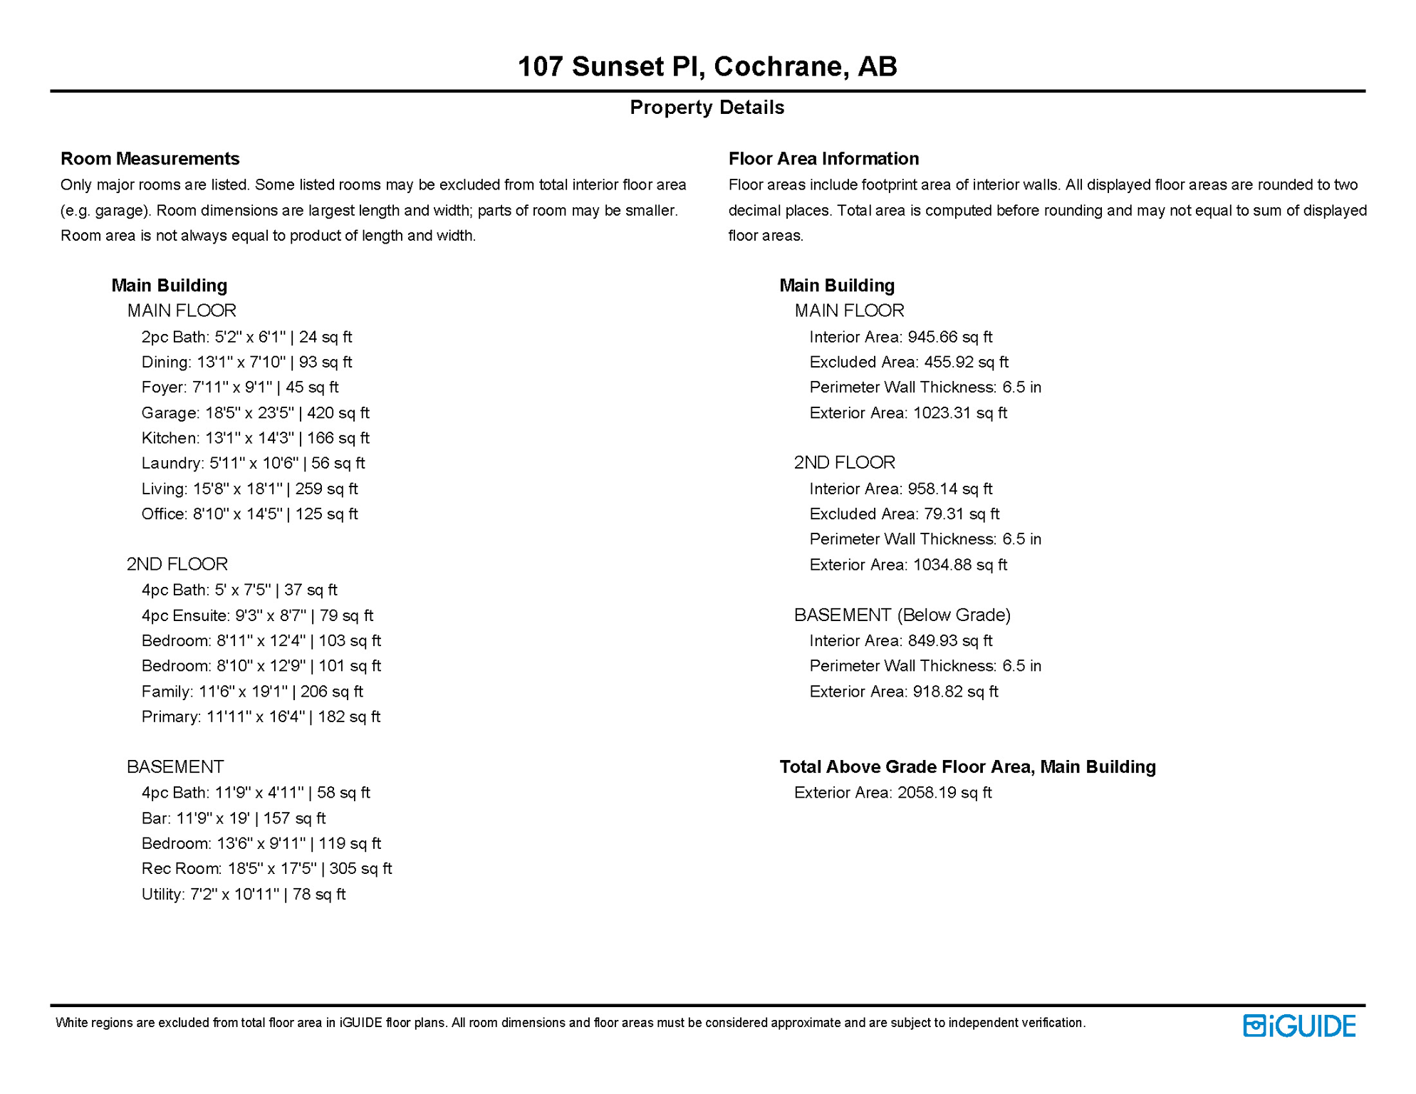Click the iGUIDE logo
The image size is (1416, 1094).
(x=1299, y=1026)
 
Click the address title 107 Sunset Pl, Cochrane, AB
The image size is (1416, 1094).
(x=707, y=66)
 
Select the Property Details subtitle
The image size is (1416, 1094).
(x=707, y=108)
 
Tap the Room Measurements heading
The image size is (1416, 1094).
(x=150, y=158)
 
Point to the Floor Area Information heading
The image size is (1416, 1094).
(x=823, y=158)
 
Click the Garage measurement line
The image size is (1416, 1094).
(x=255, y=412)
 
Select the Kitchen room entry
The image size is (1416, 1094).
(x=255, y=438)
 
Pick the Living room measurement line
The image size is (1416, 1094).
(x=249, y=489)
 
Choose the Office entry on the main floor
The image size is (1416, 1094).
(x=249, y=514)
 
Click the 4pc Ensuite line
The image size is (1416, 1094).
(x=257, y=615)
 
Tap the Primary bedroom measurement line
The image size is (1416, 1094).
(x=261, y=717)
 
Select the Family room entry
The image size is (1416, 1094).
(x=252, y=691)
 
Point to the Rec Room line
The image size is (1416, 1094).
(x=266, y=868)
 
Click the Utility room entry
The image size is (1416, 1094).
(x=243, y=894)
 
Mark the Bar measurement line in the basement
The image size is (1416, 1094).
(x=234, y=818)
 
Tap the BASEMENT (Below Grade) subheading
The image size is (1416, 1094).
(x=902, y=615)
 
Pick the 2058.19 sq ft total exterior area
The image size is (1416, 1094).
(x=944, y=792)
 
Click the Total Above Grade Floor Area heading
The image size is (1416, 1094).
(x=967, y=766)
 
